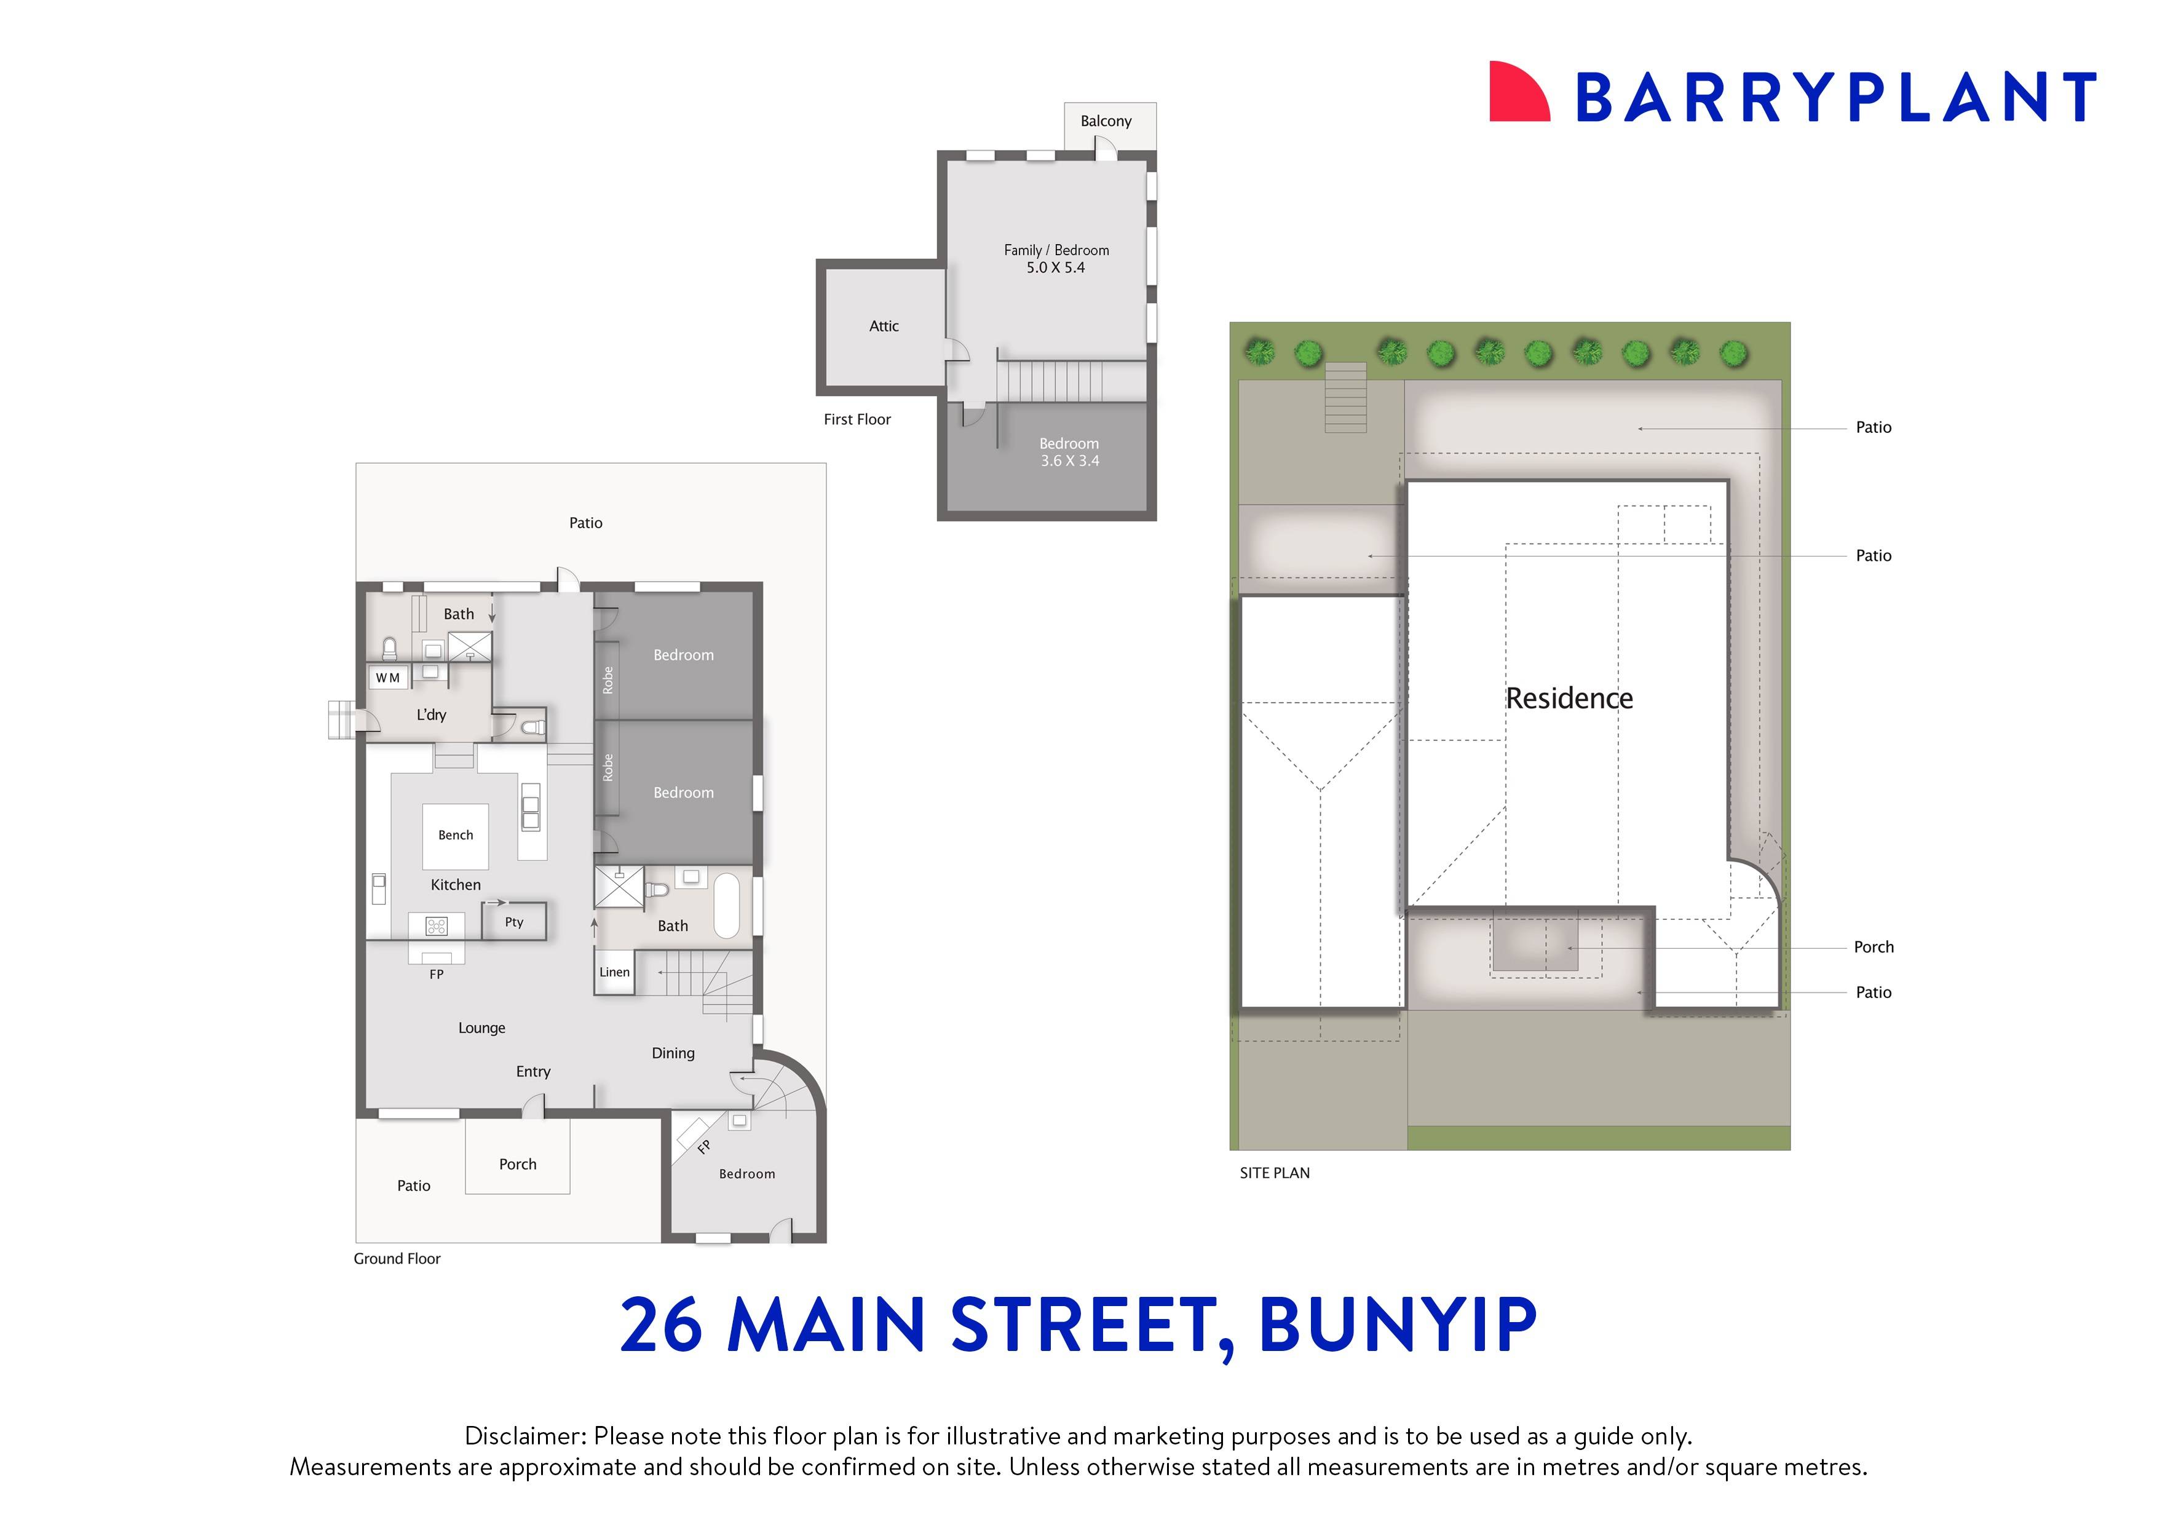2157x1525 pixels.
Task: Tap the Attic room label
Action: [883, 326]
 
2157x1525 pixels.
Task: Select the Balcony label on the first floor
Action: [1106, 121]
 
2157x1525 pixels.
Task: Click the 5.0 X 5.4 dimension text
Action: [1055, 267]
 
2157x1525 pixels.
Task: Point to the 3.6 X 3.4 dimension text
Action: [1069, 461]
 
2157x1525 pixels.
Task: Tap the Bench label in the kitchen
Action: [456, 835]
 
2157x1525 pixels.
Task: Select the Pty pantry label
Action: [514, 922]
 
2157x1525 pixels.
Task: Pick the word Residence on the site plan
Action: [1569, 698]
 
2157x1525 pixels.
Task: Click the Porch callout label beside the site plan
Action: [1874, 947]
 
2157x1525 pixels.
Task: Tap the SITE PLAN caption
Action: [1274, 1173]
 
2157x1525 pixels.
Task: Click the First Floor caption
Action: [857, 420]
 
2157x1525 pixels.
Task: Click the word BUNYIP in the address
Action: [1397, 1325]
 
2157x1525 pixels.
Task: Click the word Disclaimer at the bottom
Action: [525, 1436]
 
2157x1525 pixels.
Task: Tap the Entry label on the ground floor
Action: [532, 1072]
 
